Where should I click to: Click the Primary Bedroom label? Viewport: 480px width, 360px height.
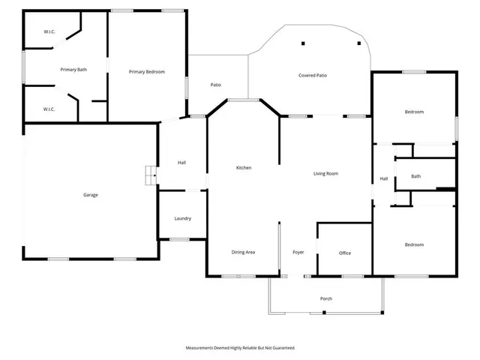tap(146, 72)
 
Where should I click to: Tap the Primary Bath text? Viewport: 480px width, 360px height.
tap(73, 70)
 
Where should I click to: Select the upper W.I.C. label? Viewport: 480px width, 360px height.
tap(49, 31)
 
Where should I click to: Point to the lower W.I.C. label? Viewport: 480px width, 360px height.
tap(49, 109)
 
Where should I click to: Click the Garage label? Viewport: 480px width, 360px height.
tap(91, 195)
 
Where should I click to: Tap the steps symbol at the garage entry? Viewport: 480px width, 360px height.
tap(150, 175)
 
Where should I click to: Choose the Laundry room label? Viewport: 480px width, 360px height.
tap(182, 218)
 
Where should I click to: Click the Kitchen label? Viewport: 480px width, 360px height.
tap(244, 167)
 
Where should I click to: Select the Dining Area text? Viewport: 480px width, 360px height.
tap(243, 252)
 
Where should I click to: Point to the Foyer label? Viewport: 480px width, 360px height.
tap(298, 252)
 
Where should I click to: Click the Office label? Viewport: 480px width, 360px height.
tap(345, 253)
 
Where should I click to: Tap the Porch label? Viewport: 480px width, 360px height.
tap(326, 298)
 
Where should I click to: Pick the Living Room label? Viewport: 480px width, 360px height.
tap(325, 173)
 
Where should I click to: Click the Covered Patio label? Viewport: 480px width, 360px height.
tap(313, 76)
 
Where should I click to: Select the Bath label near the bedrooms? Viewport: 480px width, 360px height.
tap(415, 176)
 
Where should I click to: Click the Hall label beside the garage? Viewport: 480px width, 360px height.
tap(181, 162)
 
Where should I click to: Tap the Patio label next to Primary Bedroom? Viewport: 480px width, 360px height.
tap(215, 85)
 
